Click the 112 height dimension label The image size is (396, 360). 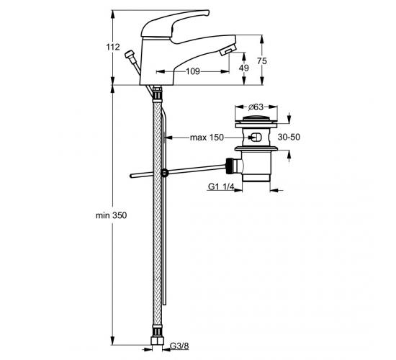click(x=113, y=48)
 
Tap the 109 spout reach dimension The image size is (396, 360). click(x=193, y=71)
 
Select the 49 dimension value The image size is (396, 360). click(x=243, y=68)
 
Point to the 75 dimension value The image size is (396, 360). click(x=262, y=61)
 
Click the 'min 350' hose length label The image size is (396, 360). click(x=111, y=215)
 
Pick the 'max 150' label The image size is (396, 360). click(x=207, y=138)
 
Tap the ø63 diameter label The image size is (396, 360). click(x=256, y=107)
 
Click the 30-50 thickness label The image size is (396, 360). click(x=289, y=137)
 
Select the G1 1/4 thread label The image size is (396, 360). click(x=221, y=186)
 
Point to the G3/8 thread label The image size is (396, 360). click(x=179, y=346)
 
